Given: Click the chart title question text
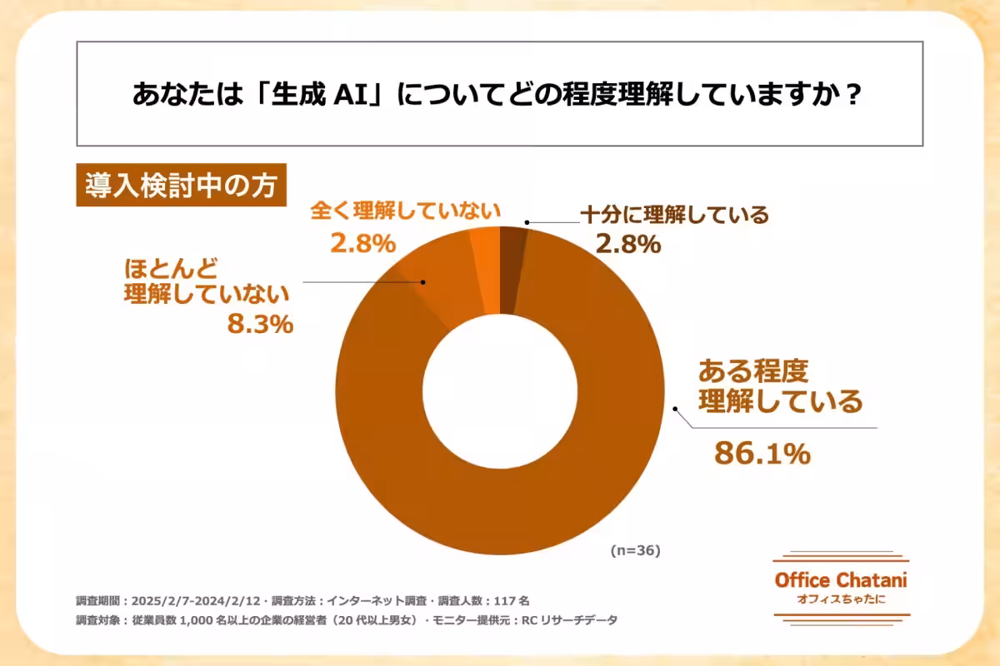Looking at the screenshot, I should point(497,94).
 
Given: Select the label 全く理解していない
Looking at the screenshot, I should point(405,211).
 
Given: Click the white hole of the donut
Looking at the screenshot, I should point(500,391).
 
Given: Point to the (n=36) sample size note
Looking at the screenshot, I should point(635,550).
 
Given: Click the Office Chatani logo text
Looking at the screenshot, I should point(840,580).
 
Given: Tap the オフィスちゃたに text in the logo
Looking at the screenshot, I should point(840,599).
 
